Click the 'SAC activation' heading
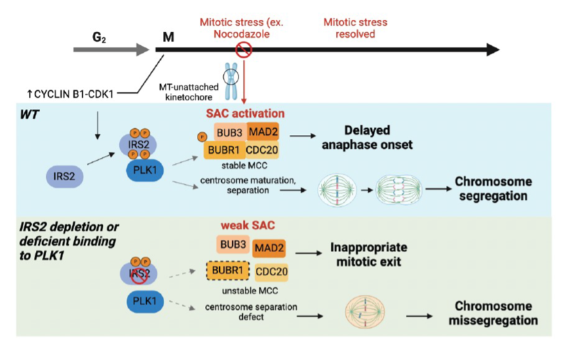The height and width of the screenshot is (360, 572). (x=245, y=113)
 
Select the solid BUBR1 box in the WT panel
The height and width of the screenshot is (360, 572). (x=225, y=149)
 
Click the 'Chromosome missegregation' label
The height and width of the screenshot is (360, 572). (x=492, y=313)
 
